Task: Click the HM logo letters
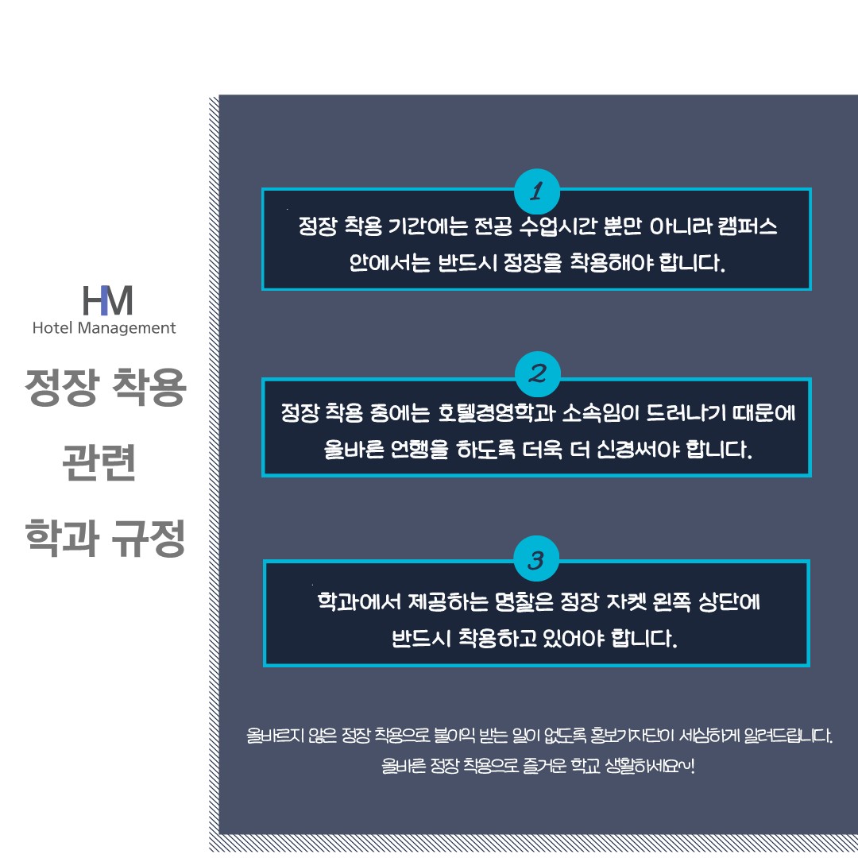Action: [107, 300]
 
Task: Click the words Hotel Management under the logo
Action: [104, 328]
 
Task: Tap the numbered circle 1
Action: [537, 191]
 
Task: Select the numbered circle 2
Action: [537, 374]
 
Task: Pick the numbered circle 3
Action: [536, 559]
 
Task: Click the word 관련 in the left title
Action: [99, 462]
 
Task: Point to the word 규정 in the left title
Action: [149, 539]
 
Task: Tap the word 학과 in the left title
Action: [62, 539]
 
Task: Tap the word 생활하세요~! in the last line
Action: [650, 766]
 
